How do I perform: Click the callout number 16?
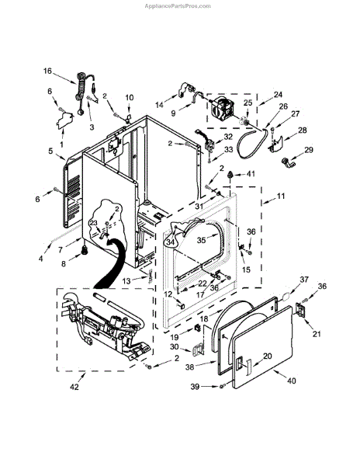click(x=47, y=71)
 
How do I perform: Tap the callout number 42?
click(x=74, y=387)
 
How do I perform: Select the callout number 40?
click(x=292, y=381)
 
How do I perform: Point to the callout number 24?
click(x=278, y=95)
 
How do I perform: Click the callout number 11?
click(x=281, y=196)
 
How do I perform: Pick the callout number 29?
click(x=309, y=149)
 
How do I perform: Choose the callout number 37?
click(x=304, y=280)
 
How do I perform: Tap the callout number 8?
click(x=64, y=263)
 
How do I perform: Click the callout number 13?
click(x=126, y=281)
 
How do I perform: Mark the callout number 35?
click(x=201, y=240)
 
